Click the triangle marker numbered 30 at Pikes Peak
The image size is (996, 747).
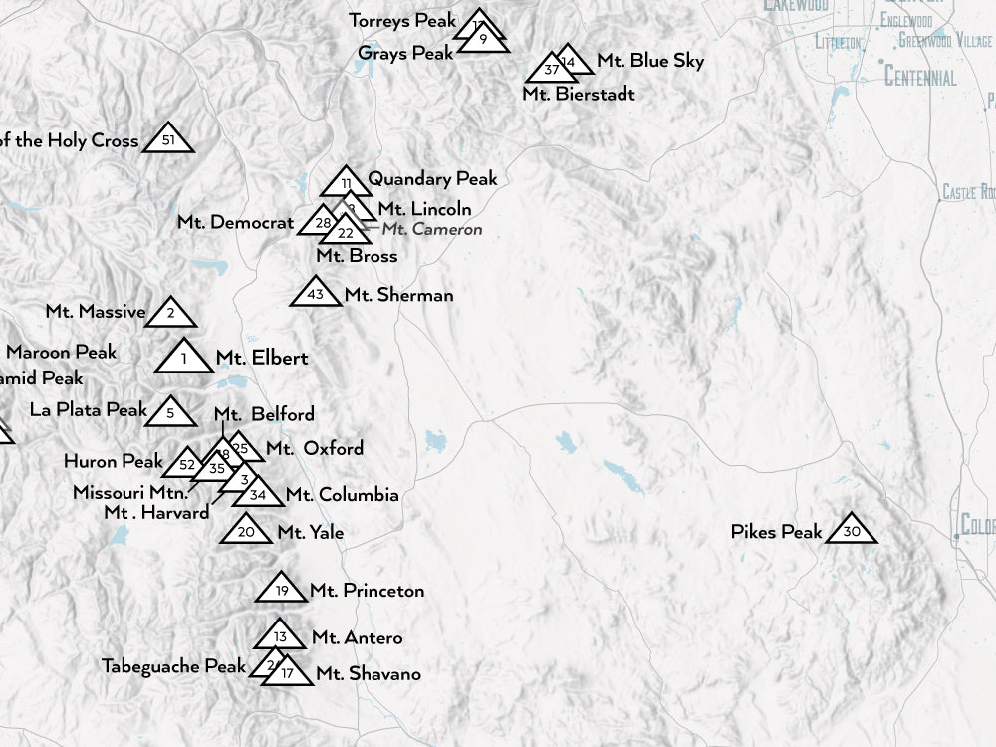(851, 530)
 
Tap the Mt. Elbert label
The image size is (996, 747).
(262, 358)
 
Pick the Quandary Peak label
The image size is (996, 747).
(432, 179)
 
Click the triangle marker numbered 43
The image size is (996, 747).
(316, 294)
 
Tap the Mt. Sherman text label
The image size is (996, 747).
(398, 295)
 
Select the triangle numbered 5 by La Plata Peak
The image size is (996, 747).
(170, 412)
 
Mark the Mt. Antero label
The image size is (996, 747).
(357, 637)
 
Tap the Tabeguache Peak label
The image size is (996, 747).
(173, 666)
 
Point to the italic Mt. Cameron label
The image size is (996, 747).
(432, 230)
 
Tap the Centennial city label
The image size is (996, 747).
(920, 78)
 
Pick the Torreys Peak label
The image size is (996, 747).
(402, 20)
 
